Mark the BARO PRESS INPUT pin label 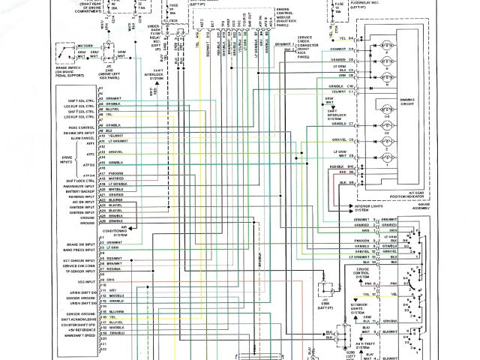coord(80,248)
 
